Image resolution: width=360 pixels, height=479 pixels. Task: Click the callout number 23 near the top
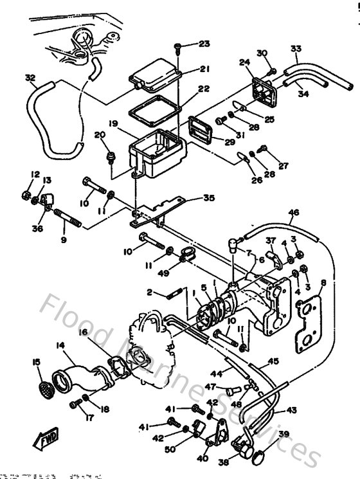(x=204, y=44)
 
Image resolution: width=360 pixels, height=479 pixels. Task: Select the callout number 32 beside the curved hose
(x=30, y=78)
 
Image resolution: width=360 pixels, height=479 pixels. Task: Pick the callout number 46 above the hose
(x=294, y=212)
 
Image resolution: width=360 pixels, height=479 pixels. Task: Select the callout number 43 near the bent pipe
(x=291, y=410)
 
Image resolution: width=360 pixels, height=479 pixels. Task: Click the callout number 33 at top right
(x=296, y=49)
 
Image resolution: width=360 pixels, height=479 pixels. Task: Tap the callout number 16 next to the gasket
(x=84, y=332)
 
